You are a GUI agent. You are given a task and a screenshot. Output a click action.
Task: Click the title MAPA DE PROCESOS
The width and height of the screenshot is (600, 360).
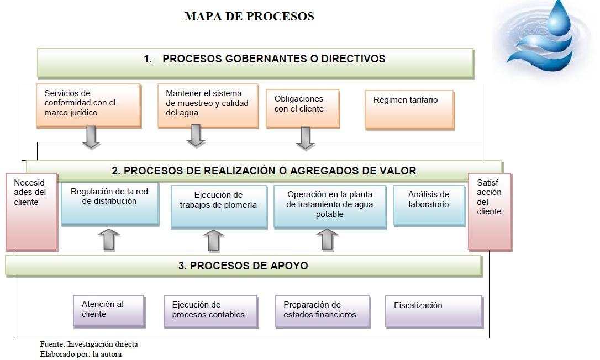coord(249,17)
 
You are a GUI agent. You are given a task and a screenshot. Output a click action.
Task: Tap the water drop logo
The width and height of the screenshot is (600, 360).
coord(543,38)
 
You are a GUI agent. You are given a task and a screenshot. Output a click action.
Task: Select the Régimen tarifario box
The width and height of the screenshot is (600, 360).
coord(409,109)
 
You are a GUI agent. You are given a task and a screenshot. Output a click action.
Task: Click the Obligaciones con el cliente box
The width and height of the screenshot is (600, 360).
coord(303,108)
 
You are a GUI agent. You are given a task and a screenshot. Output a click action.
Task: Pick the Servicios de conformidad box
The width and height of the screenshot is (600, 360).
coord(88,105)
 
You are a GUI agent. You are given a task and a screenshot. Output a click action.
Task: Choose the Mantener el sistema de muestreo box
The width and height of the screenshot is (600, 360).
coord(208,105)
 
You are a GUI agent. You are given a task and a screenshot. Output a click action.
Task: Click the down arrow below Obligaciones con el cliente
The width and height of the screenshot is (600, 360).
coord(306,138)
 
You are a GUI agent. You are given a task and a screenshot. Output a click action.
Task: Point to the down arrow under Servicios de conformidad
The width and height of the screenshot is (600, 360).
coord(91,137)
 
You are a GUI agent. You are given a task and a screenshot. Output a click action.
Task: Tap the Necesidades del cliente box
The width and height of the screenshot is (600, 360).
coord(31,212)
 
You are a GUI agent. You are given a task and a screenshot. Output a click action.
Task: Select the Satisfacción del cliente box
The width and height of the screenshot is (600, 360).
coord(490,212)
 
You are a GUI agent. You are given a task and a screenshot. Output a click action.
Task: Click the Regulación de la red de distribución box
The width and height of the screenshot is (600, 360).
coord(110,204)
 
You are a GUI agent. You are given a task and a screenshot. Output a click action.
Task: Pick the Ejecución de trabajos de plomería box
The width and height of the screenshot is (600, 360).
coord(219,207)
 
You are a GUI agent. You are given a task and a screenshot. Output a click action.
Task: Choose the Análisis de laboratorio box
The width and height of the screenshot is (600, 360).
coord(429,206)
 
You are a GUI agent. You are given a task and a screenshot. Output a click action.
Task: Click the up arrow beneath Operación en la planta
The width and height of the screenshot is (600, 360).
coord(327,240)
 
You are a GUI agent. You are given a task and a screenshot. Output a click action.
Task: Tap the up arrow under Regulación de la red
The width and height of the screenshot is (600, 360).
coord(109,240)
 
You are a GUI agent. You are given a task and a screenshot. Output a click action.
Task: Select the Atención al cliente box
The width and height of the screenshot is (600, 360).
coord(109,311)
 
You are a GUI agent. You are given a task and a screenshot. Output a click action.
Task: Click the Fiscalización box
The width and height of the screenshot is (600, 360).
coord(434,311)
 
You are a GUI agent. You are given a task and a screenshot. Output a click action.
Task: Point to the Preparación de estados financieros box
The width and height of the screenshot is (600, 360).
coord(323,311)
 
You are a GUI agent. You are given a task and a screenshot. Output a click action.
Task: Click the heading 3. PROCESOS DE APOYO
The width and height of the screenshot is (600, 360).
coord(243,266)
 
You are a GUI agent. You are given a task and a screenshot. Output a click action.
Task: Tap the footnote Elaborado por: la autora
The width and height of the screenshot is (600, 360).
coord(81,354)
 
